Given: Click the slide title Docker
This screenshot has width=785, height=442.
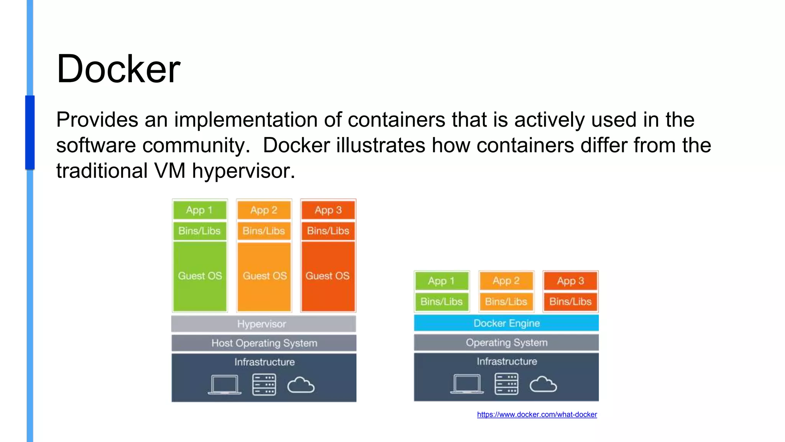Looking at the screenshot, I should [118, 69].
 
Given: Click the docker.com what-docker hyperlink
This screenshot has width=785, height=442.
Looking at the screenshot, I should [537, 414].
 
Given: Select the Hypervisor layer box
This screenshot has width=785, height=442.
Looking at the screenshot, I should [263, 324].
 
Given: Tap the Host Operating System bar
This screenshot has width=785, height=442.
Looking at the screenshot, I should [264, 343].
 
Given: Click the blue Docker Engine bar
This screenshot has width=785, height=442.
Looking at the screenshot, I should [506, 323].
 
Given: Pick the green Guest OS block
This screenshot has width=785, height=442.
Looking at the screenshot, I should [200, 276].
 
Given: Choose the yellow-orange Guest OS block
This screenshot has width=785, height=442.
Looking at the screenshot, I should [264, 276].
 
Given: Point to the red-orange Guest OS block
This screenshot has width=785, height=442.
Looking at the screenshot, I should [328, 276].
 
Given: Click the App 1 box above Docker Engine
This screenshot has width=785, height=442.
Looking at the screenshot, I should [441, 281].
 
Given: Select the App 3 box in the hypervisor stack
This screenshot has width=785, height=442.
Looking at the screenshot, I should [328, 210].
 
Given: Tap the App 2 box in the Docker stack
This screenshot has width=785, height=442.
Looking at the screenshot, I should [506, 281].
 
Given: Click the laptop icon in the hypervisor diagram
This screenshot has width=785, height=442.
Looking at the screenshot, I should [225, 384].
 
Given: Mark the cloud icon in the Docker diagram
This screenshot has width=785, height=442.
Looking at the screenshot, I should [543, 384].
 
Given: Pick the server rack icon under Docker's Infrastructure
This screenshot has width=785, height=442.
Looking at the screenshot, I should [506, 384].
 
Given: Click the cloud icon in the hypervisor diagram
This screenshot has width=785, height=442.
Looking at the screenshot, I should [301, 385].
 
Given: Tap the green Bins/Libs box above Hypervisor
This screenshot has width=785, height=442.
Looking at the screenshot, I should [199, 231].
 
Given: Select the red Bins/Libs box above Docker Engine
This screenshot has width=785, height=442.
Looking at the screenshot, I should [570, 302].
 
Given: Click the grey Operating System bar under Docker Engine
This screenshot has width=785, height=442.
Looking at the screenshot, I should [506, 342].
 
